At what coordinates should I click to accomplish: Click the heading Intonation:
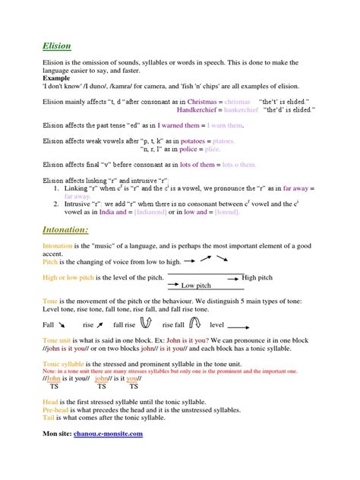click(x=67, y=229)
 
